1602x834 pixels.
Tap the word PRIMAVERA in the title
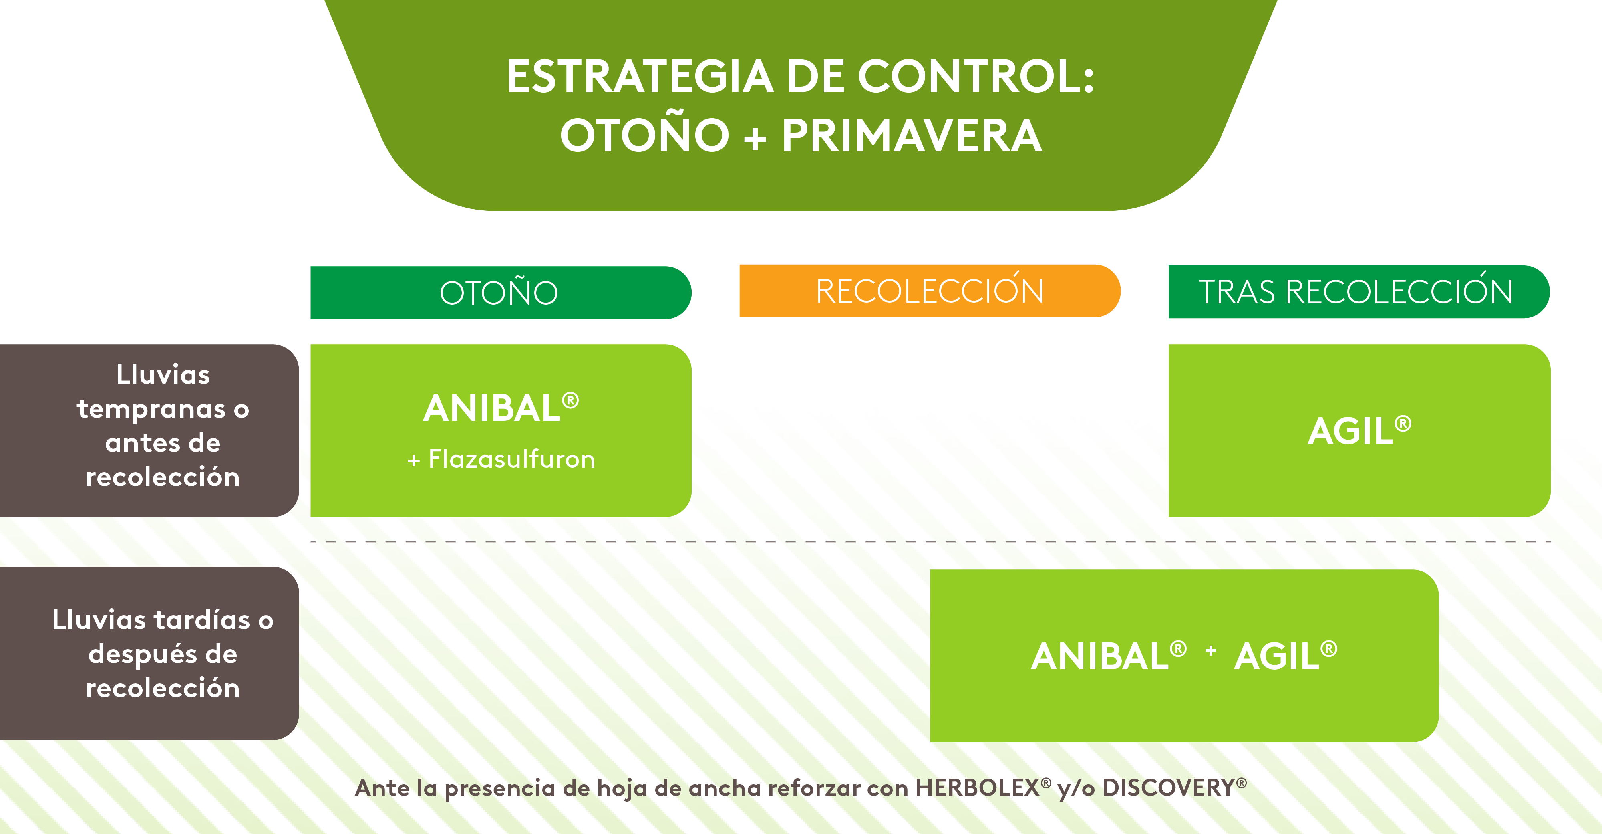912,136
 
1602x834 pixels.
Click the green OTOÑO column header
501,293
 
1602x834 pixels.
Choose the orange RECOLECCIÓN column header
930,291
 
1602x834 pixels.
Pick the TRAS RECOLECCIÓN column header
1359,291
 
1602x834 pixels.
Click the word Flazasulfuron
512,459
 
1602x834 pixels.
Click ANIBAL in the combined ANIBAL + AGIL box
1099,656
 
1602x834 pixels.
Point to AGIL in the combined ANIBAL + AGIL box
1277,656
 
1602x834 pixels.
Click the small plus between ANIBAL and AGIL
1210,650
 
